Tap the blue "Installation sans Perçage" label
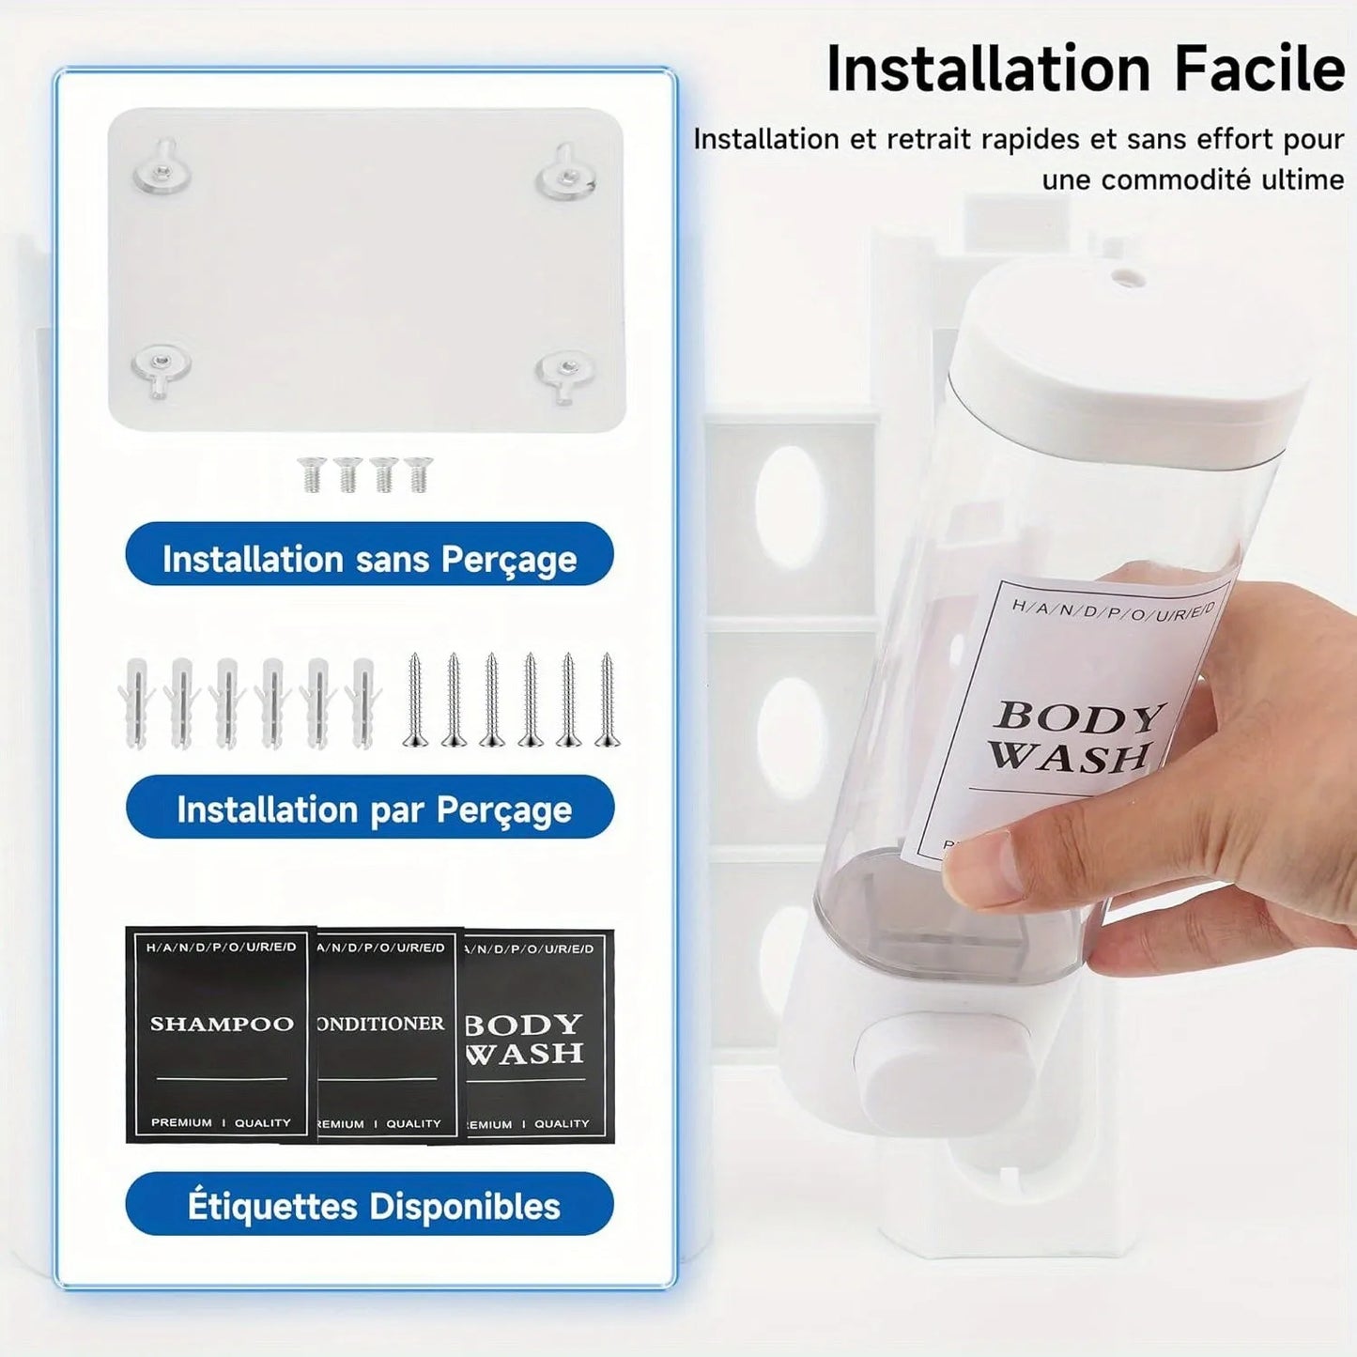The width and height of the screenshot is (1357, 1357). click(369, 558)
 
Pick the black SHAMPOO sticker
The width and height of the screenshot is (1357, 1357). click(220, 1033)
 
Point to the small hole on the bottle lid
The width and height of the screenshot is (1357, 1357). click(1126, 278)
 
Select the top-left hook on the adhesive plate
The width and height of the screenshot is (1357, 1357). click(162, 169)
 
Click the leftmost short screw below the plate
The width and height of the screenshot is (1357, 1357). click(311, 473)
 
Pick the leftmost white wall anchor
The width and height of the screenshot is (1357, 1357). click(137, 702)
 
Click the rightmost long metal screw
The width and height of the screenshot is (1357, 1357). click(607, 701)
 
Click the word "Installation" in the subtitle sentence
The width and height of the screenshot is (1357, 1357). click(765, 139)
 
